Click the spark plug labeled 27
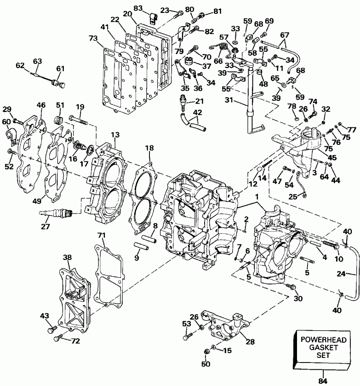click(x=56, y=213)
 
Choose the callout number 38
click(x=68, y=258)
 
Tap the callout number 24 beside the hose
click(x=354, y=275)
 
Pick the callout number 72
click(x=75, y=340)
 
